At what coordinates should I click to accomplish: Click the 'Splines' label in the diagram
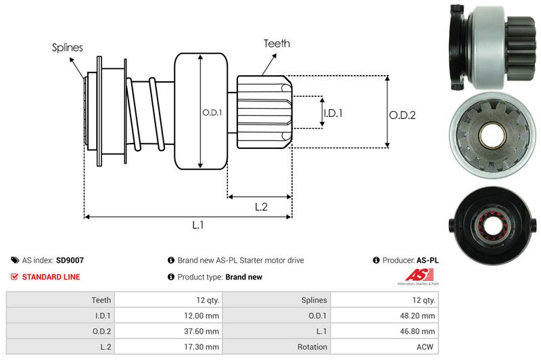point(67,47)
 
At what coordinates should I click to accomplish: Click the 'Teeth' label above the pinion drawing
point(277,43)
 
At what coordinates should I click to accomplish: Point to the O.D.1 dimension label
point(212,112)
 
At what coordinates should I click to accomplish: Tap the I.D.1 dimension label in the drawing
point(333,113)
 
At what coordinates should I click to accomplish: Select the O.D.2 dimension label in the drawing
point(402,115)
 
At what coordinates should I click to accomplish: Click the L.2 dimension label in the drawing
point(261,207)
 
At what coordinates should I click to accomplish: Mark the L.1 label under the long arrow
point(197,225)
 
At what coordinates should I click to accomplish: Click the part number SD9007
point(70,261)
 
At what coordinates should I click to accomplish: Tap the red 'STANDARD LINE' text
point(51,277)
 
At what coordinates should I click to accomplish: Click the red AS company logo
point(419,275)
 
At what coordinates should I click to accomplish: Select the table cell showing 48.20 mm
point(385,315)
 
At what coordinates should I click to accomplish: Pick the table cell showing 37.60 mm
point(168,331)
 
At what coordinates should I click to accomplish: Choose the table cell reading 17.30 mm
point(168,346)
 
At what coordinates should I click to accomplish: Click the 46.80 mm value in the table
point(417,332)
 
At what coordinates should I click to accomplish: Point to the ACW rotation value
point(425,347)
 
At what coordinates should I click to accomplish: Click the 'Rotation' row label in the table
point(312,347)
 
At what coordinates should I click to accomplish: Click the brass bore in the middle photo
point(492,135)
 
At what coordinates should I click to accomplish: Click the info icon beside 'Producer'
point(376,261)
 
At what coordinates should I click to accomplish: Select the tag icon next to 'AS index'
point(15,261)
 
